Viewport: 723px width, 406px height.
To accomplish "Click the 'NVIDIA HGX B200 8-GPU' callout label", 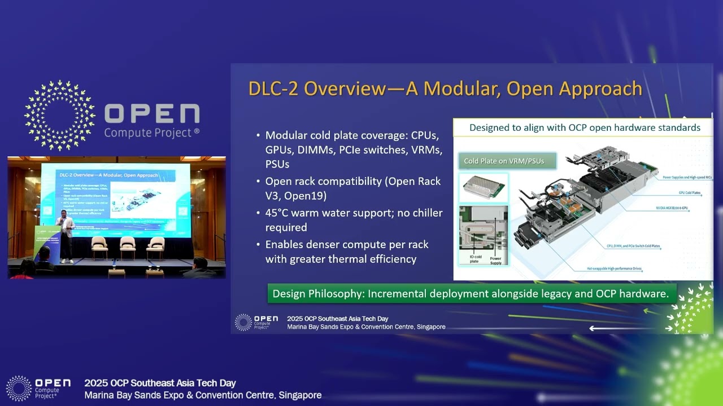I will [x=674, y=208].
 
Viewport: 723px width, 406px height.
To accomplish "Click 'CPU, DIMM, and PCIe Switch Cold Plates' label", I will [x=625, y=246].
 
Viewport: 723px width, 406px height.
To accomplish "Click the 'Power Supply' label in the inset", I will [x=495, y=261].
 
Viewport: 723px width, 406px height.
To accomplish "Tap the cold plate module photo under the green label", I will [x=483, y=188].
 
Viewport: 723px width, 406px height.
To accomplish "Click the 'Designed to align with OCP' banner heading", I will [x=584, y=128].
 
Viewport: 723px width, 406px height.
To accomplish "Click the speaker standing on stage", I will [x=67, y=235].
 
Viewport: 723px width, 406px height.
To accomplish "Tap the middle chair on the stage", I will [x=128, y=246].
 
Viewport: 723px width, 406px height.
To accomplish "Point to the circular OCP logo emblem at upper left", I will [x=60, y=116].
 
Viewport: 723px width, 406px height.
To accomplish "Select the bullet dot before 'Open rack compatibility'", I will [x=258, y=182].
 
